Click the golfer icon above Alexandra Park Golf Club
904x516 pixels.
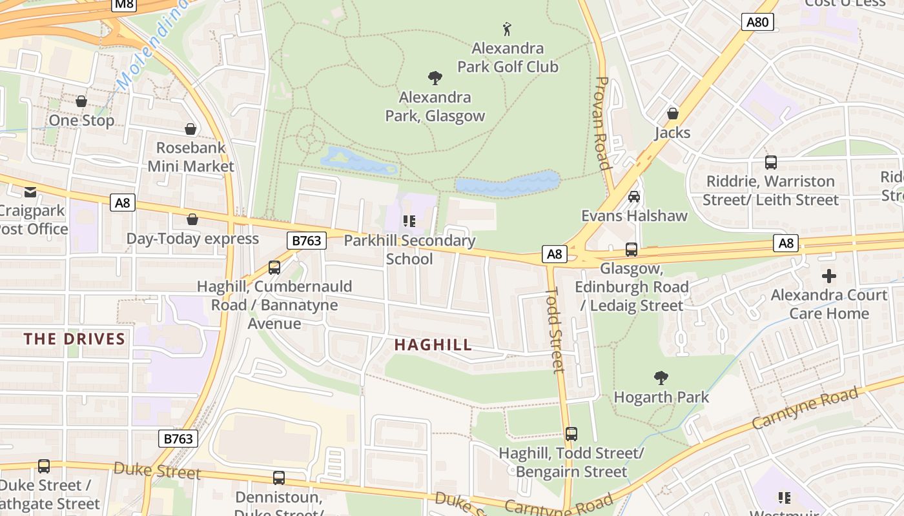click(508, 29)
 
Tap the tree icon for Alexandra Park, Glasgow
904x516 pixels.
click(435, 78)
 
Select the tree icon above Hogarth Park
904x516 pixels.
click(661, 378)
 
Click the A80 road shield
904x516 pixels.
click(757, 23)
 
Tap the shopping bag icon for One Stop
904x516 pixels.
click(81, 101)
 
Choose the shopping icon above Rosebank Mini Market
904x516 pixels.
click(190, 129)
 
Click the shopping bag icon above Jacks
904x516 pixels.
click(673, 114)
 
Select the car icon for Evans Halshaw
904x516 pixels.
click(634, 196)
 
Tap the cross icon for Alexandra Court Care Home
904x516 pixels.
click(829, 276)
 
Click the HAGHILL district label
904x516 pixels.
click(433, 345)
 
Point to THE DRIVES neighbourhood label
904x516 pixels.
click(74, 339)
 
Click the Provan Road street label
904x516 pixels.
click(602, 123)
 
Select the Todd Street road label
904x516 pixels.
click(555, 330)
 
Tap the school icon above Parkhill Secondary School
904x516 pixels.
click(409, 221)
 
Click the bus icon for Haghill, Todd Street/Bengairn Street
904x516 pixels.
click(571, 434)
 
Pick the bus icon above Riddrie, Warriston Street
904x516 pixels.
click(770, 162)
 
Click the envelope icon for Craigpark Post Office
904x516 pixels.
click(30, 192)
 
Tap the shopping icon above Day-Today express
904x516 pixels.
click(192, 219)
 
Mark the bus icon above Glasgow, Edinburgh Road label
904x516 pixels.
click(632, 249)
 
